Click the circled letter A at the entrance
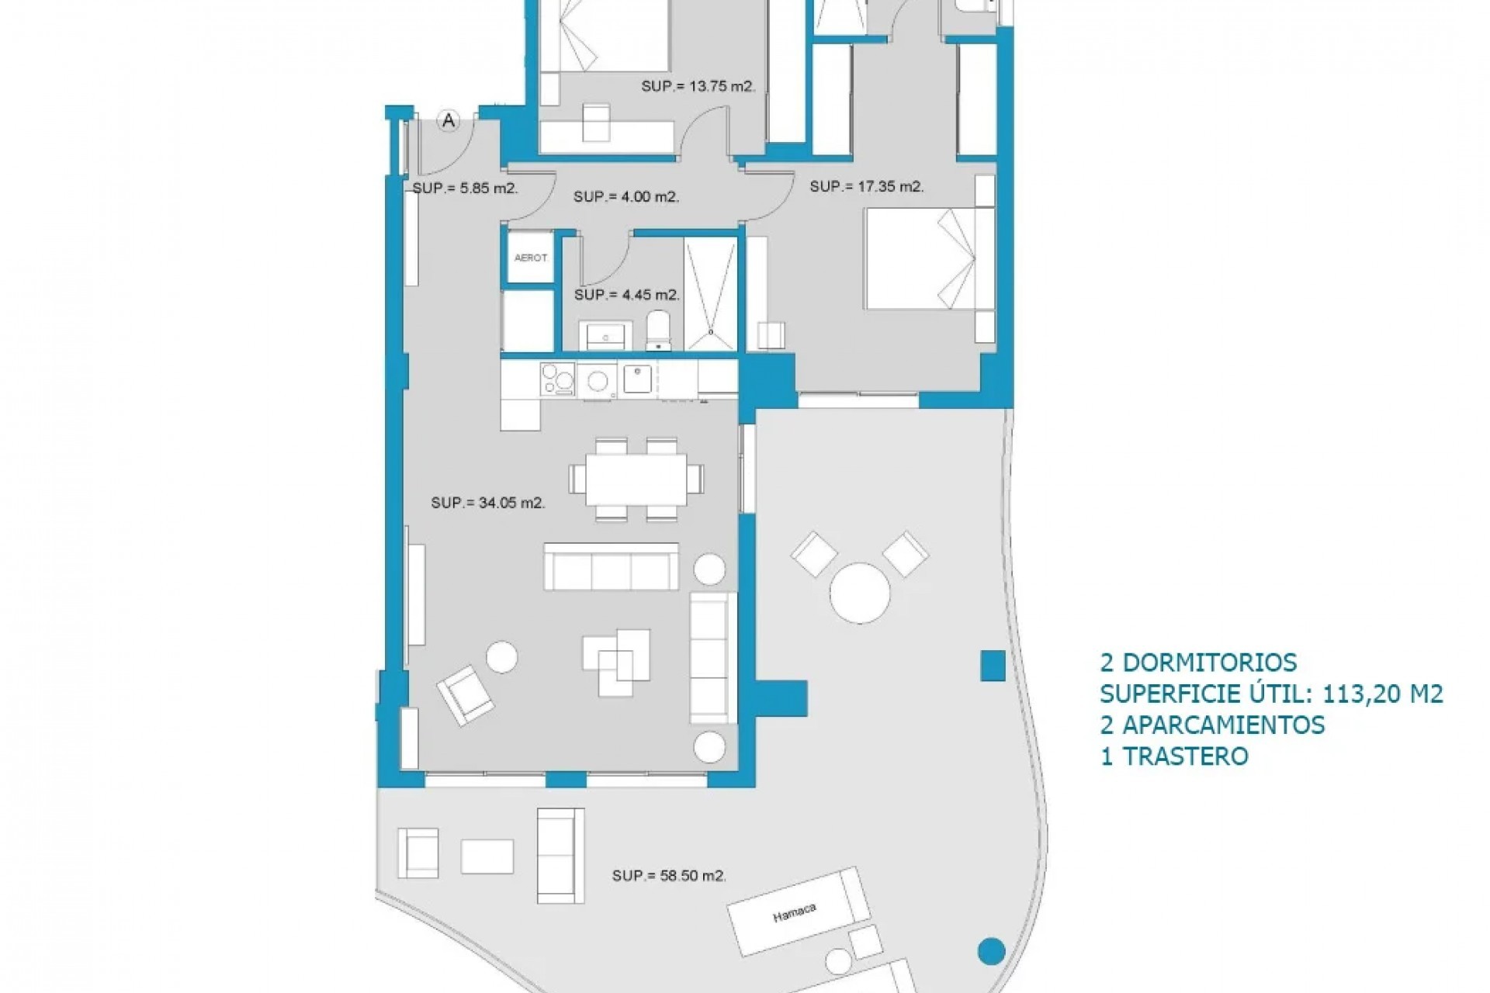click(448, 120)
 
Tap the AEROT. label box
click(531, 258)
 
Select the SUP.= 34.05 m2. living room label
click(488, 503)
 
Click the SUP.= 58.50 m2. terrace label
click(669, 876)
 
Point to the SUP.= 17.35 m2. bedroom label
click(867, 187)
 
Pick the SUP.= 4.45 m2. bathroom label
click(627, 295)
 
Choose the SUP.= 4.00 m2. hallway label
click(626, 197)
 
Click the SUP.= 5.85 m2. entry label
click(466, 188)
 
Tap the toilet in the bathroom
click(657, 333)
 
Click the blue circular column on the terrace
click(991, 950)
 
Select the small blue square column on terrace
click(993, 666)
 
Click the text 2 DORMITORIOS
click(1198, 663)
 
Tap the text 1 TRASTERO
click(1174, 756)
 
